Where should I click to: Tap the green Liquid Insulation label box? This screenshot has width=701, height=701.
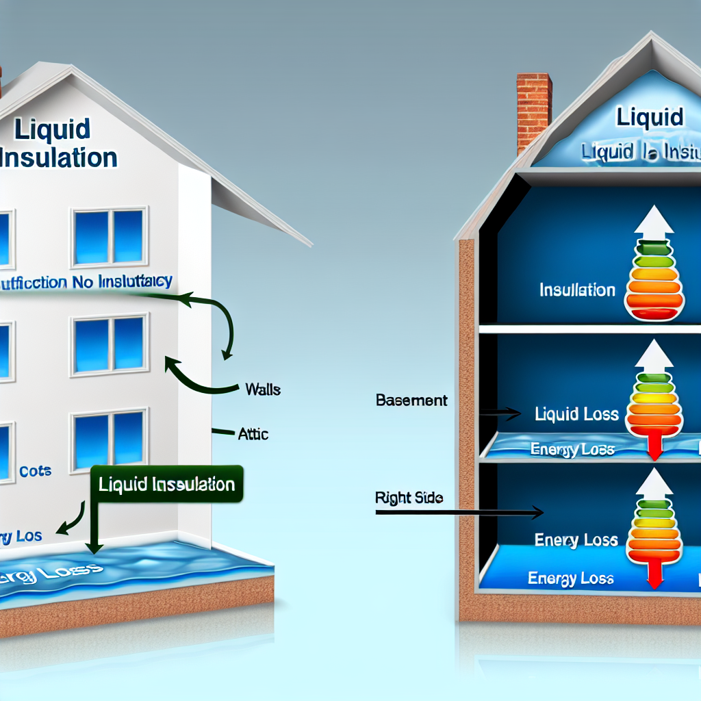tap(167, 485)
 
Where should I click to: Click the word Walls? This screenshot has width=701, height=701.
tap(263, 390)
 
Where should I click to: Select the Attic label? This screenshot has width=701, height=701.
tap(253, 434)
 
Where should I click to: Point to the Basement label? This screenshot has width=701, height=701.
tap(411, 400)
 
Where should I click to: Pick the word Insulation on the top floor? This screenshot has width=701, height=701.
tap(577, 290)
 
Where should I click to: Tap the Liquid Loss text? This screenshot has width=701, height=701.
tap(577, 414)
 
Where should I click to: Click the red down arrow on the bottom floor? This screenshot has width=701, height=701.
tap(654, 572)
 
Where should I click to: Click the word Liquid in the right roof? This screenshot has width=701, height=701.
tap(650, 117)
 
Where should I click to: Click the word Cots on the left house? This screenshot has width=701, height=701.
tap(36, 472)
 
